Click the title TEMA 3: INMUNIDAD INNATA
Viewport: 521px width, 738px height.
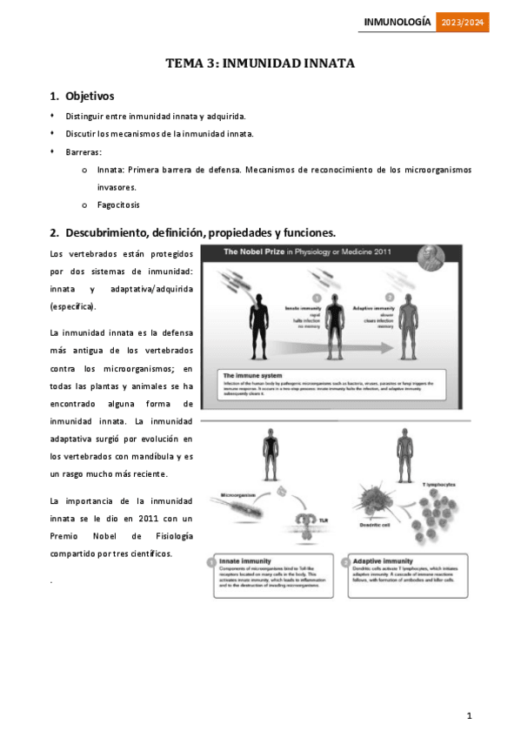point(260,64)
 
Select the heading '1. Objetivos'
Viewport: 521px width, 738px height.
point(83,96)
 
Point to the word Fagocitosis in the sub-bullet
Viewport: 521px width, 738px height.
point(118,205)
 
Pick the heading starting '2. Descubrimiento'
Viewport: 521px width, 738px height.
point(192,232)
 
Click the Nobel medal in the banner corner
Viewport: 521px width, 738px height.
point(431,255)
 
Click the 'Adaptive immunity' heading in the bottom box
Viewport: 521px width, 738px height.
point(382,561)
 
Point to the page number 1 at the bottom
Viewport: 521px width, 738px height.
point(469,715)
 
